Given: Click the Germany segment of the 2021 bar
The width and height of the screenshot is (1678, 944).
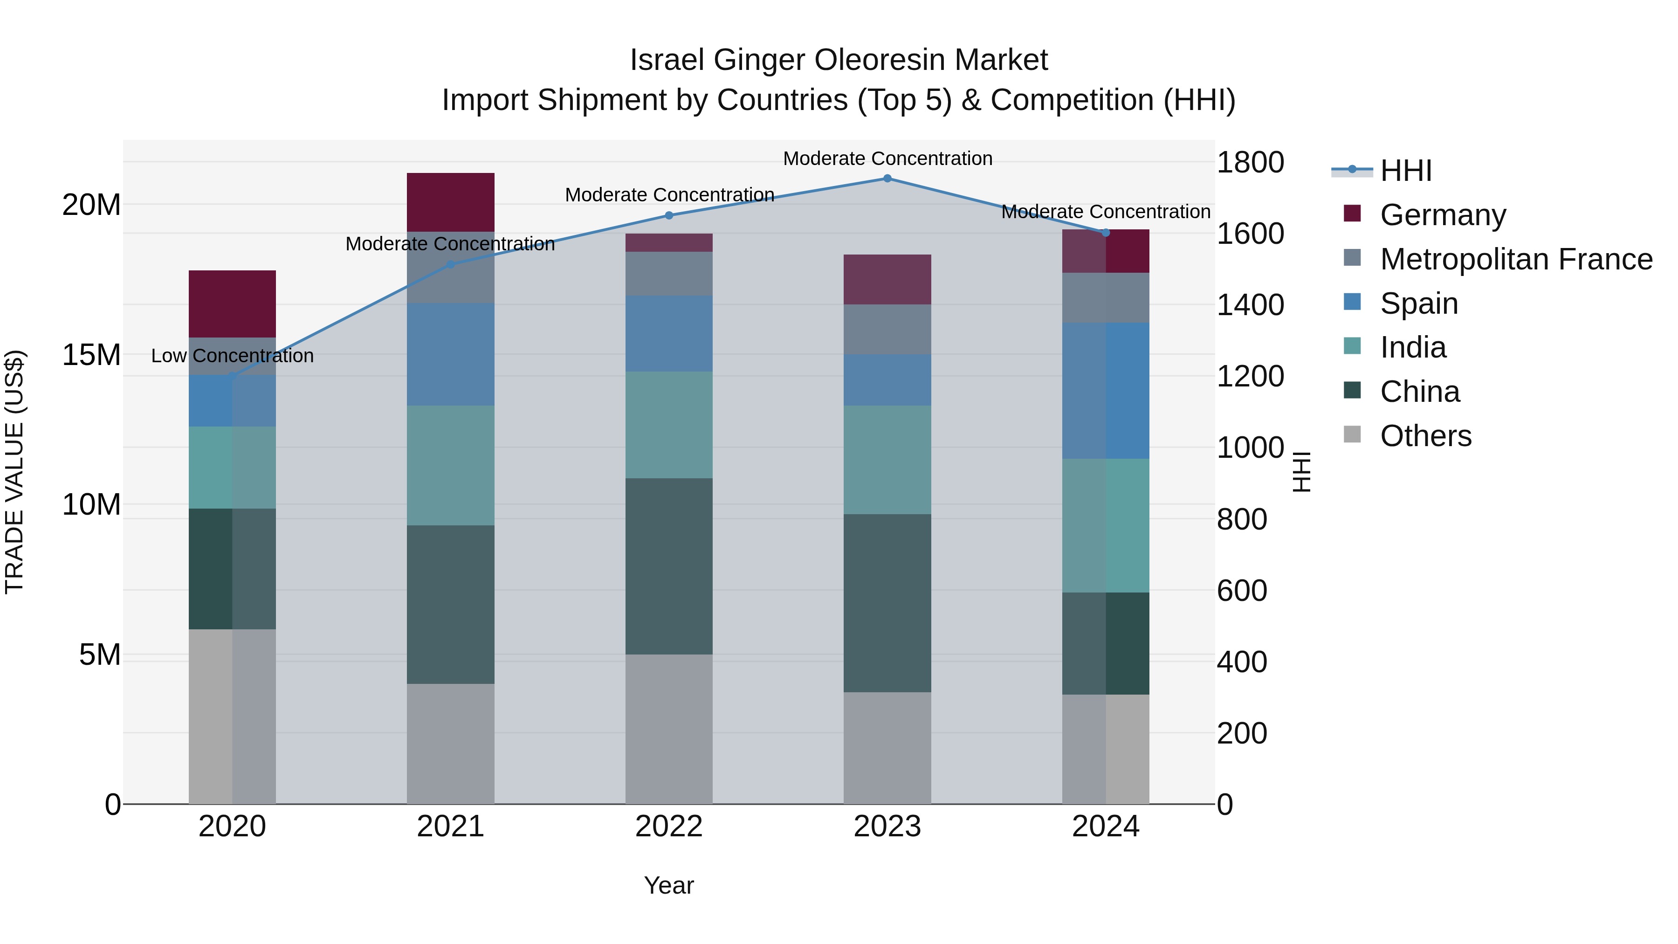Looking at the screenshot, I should click(450, 202).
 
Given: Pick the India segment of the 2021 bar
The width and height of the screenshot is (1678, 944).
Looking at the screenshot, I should click(450, 465).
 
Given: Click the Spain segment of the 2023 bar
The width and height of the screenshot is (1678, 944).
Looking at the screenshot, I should click(887, 380).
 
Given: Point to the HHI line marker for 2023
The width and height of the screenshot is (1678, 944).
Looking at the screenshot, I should click(887, 179).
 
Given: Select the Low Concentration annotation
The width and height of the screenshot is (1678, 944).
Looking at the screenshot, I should click(232, 356).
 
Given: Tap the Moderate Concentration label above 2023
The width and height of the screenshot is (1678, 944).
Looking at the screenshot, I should click(887, 158).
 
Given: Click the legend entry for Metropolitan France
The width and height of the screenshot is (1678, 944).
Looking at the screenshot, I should click(1516, 259).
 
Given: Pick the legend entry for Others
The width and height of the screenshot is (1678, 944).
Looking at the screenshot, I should click(1425, 436).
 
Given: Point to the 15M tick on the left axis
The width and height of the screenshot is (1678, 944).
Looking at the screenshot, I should click(91, 355).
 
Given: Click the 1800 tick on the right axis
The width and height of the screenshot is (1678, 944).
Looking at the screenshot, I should click(1249, 162).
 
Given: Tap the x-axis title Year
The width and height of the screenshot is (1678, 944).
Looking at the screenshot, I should click(668, 885).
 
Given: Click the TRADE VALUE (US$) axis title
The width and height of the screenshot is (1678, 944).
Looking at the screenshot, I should click(14, 472).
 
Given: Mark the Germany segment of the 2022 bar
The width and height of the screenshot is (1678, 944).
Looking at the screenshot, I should click(668, 242).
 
